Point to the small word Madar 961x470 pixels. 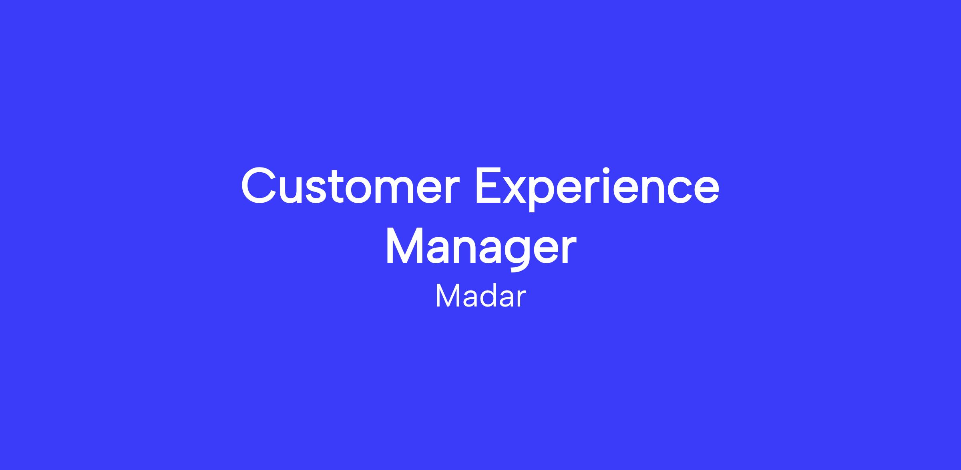click(x=480, y=297)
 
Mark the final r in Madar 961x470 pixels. click(x=521, y=300)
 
